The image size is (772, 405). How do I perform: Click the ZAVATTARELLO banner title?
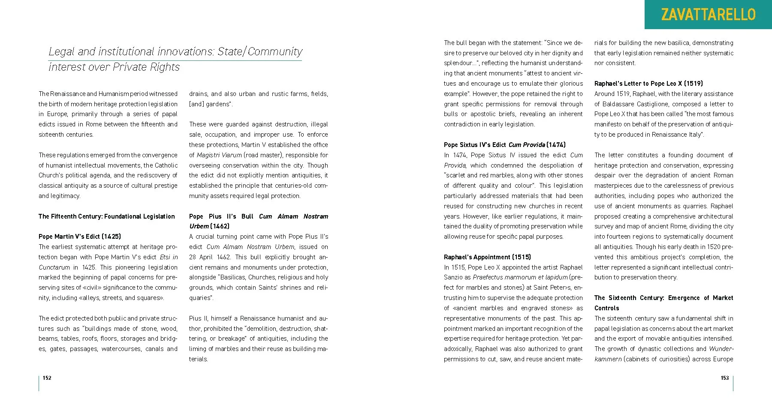[708, 15]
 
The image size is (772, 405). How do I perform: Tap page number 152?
[47, 378]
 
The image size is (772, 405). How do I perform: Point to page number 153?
[724, 378]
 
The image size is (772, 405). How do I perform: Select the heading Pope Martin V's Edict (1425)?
[80, 237]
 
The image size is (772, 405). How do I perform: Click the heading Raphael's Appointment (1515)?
[487, 257]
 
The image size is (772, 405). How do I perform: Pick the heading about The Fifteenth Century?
[107, 216]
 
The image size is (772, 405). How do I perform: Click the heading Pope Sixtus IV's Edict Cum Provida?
[505, 145]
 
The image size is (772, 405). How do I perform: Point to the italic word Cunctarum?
[54, 267]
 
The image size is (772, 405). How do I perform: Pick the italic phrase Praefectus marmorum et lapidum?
[520, 277]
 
